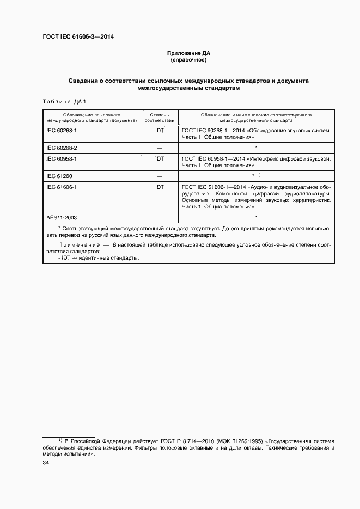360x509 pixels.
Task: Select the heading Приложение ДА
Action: coord(188,53)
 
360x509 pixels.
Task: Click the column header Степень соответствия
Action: coord(159,118)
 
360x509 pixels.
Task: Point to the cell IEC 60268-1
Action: coord(62,131)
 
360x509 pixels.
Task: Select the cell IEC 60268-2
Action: coord(62,148)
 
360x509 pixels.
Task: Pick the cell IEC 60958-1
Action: coord(62,158)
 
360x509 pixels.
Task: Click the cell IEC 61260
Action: coord(59,176)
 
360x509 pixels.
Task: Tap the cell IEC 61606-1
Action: coord(62,187)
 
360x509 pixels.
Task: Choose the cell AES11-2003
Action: coord(62,217)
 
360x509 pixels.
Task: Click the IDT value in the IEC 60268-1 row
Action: coord(160,131)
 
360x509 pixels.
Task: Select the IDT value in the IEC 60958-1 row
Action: coord(160,158)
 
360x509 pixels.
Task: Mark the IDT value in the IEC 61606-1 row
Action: coord(160,187)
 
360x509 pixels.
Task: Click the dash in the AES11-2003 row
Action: coord(160,217)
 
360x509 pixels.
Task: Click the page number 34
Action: coord(46,463)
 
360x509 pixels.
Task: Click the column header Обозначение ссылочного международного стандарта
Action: coord(91,118)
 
